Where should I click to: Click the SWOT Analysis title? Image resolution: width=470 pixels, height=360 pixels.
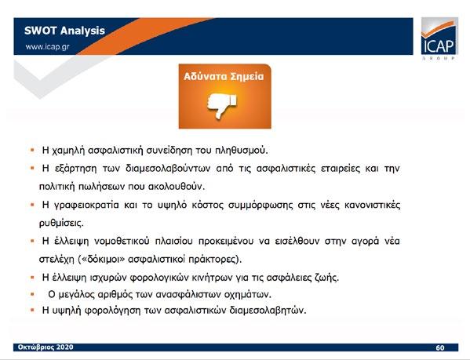click(x=64, y=31)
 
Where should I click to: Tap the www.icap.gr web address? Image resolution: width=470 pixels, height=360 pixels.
click(x=47, y=47)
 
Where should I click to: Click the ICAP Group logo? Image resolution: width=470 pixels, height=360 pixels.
click(x=439, y=38)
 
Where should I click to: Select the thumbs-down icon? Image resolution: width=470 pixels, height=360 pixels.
click(x=222, y=105)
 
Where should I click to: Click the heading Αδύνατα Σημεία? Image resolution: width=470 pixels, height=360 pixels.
click(x=224, y=76)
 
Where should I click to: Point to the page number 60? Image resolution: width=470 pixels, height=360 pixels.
click(x=439, y=347)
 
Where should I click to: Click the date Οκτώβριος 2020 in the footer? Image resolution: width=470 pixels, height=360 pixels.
click(x=46, y=347)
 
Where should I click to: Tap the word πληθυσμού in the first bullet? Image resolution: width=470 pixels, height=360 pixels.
click(x=242, y=151)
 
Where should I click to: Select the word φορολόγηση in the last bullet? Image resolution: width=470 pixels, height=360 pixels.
click(x=112, y=311)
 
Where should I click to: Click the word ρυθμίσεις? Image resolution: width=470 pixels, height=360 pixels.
click(x=61, y=224)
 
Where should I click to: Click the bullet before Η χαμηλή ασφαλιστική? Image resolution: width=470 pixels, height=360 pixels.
click(x=32, y=150)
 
